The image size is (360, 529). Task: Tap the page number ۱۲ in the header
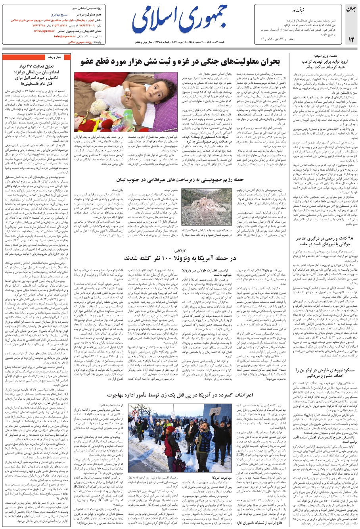[x=351, y=39]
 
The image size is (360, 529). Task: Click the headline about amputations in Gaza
[x=181, y=61]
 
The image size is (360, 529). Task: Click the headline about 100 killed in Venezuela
[x=180, y=258]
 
